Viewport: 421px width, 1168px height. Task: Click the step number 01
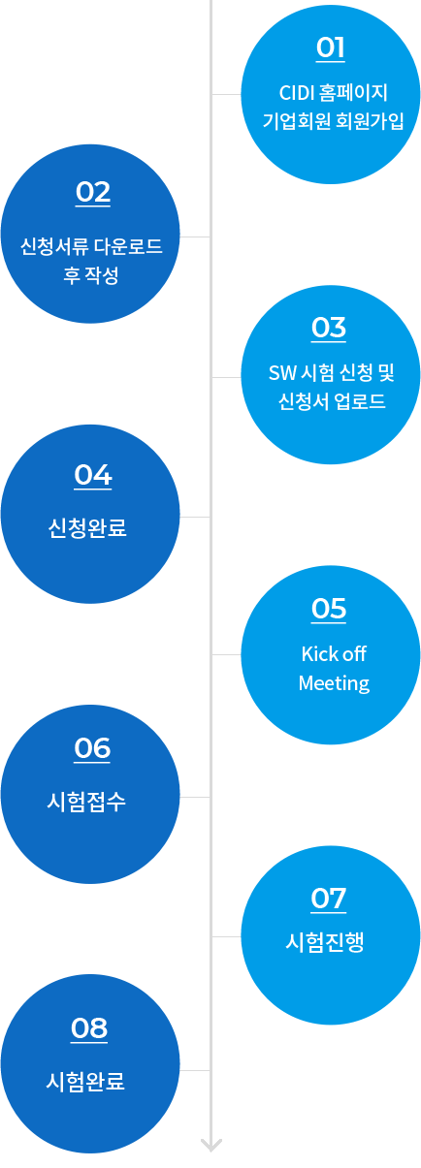tap(330, 47)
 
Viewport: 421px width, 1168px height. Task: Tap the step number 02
tap(93, 192)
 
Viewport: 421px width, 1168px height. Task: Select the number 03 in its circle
tap(329, 328)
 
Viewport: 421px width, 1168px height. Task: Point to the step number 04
tap(93, 475)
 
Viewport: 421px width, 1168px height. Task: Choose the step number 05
tap(329, 609)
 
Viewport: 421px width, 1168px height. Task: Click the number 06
tap(92, 748)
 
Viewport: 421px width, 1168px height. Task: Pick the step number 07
tap(329, 899)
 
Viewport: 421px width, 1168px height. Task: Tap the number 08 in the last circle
tap(89, 1028)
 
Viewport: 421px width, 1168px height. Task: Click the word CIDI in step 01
tap(296, 93)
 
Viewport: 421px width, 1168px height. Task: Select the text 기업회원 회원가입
tap(334, 121)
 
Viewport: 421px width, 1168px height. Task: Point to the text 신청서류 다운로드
tap(91, 246)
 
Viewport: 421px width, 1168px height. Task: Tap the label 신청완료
tap(87, 527)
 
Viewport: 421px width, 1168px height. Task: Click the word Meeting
tap(334, 683)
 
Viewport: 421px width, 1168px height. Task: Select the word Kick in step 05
tap(316, 654)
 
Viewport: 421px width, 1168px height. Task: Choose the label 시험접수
tap(86, 802)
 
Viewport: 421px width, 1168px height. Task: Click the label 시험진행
tap(325, 942)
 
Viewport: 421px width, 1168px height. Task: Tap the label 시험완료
tap(85, 1081)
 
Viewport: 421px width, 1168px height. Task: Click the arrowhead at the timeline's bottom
tap(211, 1145)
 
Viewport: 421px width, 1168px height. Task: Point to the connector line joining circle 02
tap(195, 237)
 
